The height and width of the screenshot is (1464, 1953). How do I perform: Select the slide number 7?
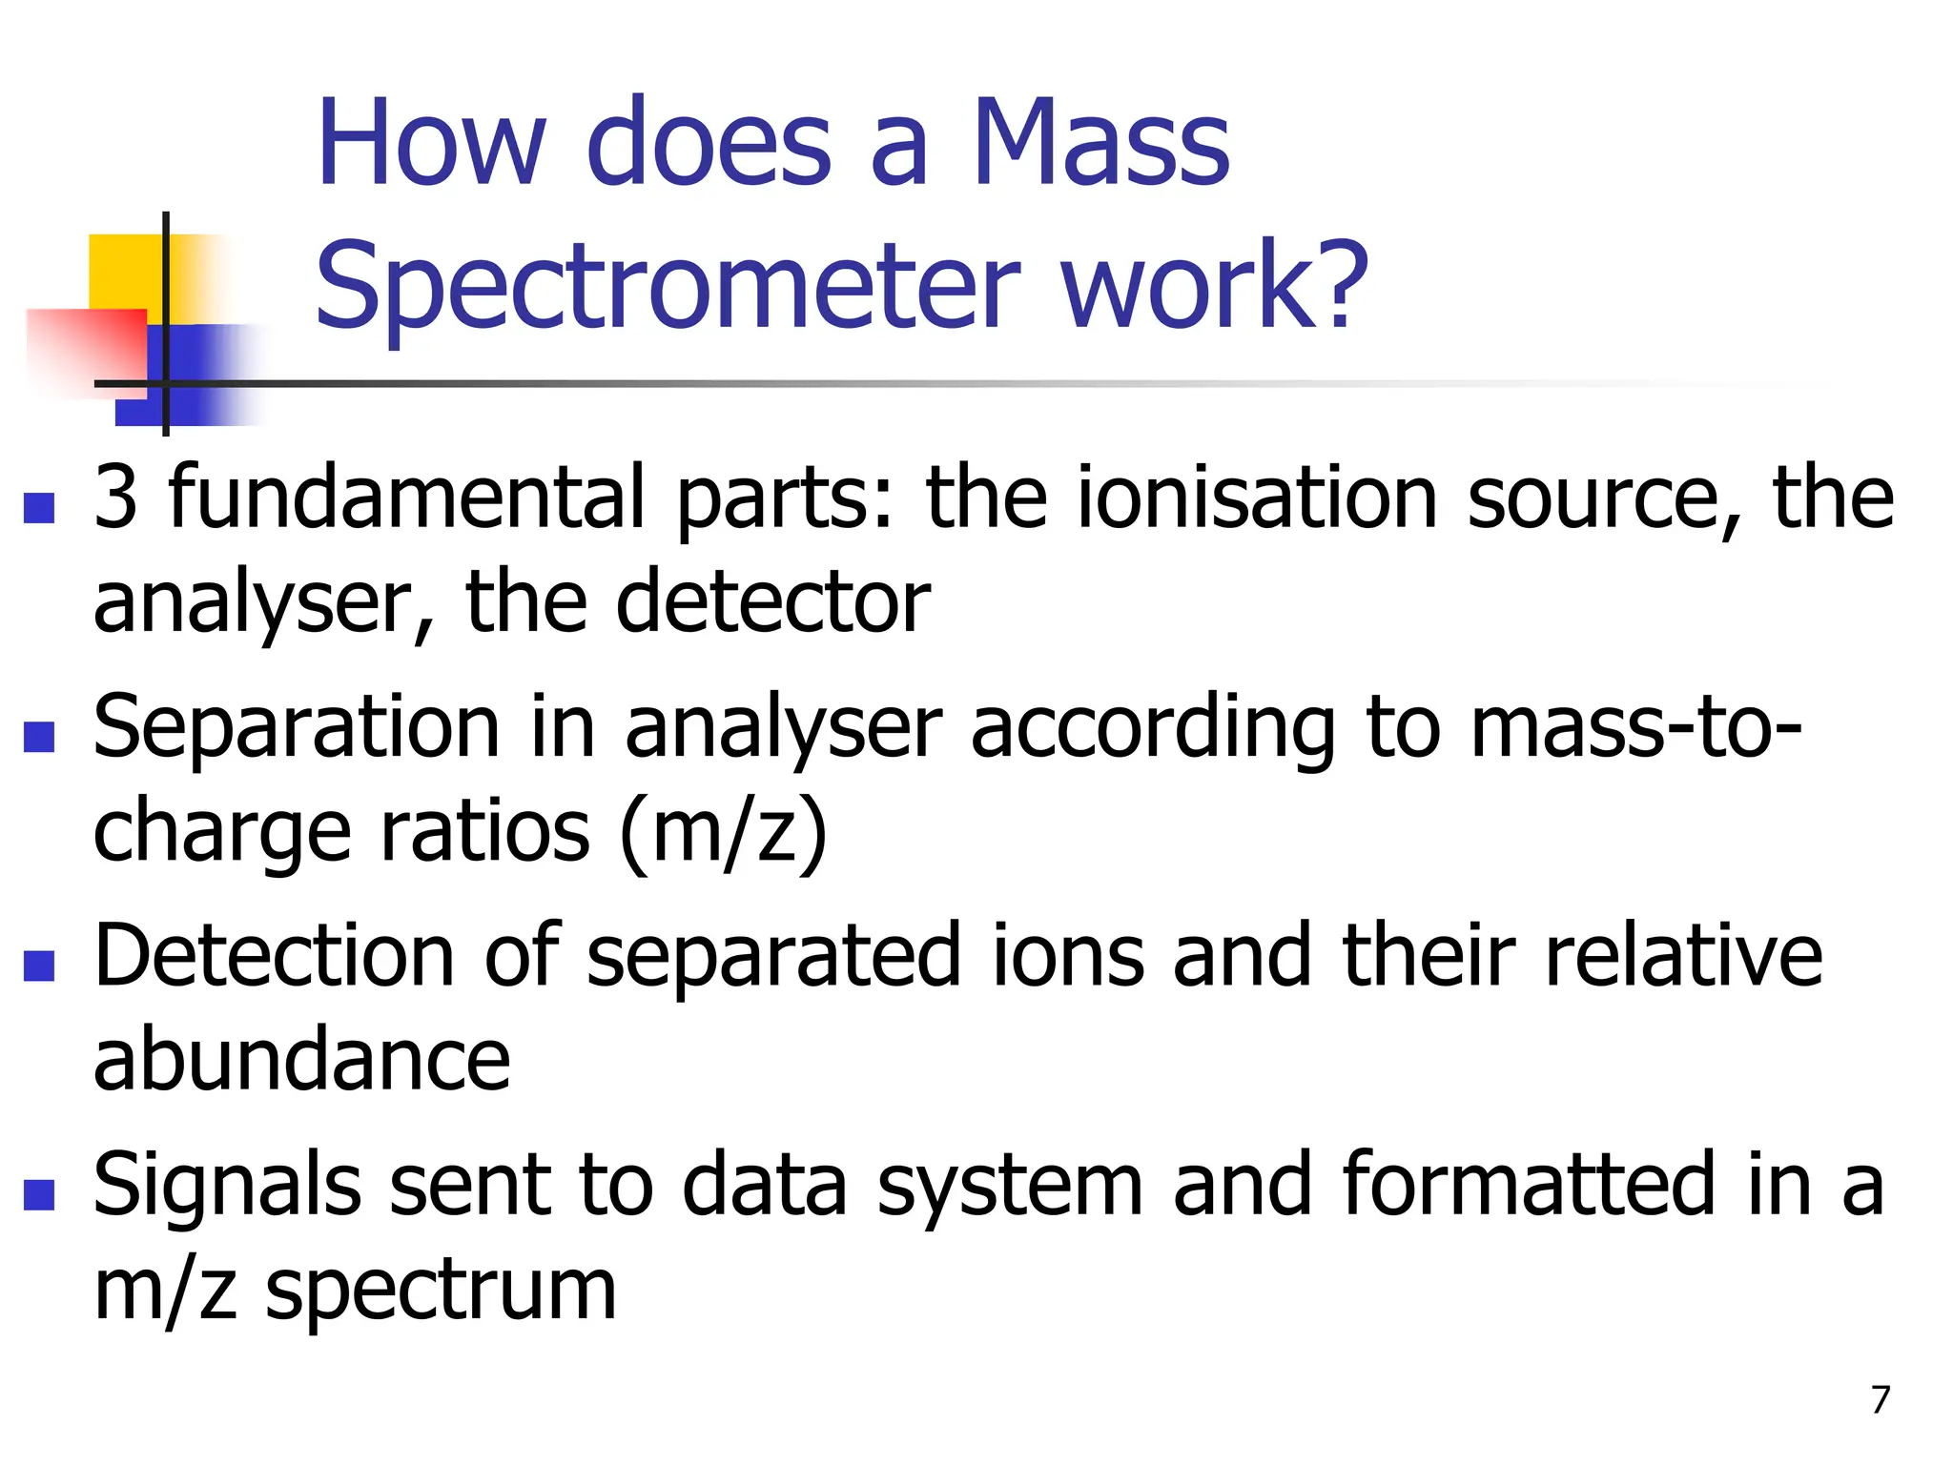tap(1880, 1399)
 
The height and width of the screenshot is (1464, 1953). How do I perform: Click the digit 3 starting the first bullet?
tap(116, 497)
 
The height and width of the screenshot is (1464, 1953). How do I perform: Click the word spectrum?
tap(441, 1291)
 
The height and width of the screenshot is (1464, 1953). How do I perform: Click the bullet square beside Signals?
tap(39, 1194)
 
